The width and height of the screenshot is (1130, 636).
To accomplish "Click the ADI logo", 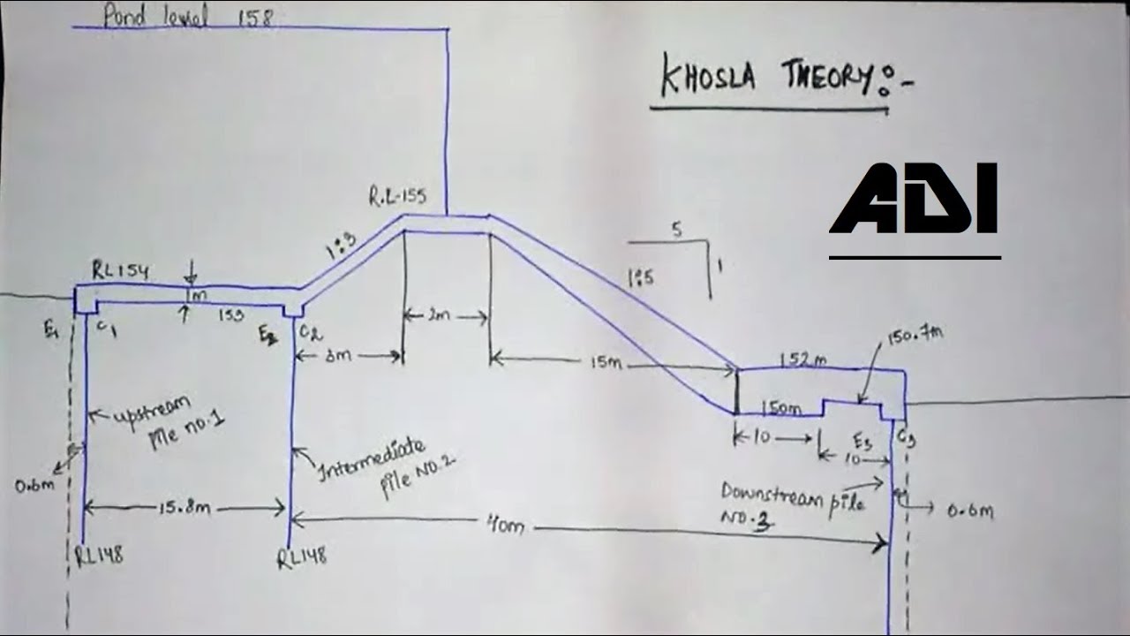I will click(913, 199).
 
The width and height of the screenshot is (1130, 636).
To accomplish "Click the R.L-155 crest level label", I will click(398, 196).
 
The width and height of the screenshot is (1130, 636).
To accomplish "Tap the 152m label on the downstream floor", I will click(803, 359).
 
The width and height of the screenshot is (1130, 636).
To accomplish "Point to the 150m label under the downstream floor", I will click(780, 409).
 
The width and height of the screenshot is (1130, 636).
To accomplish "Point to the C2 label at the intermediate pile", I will click(309, 332).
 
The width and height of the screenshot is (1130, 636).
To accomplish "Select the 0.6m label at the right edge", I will click(969, 511).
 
